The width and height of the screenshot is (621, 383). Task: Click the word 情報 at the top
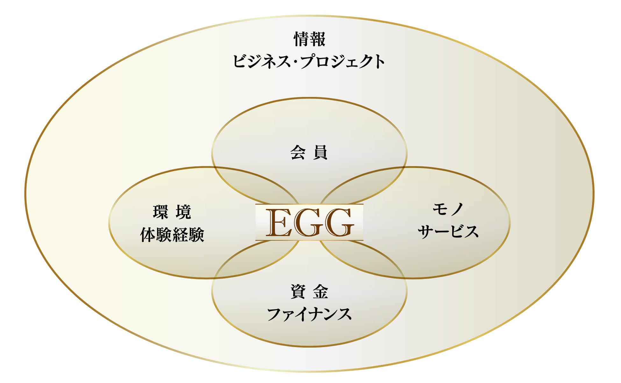[309, 39]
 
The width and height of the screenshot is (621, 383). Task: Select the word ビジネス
[261, 61]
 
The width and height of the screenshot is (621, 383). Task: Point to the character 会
[298, 152]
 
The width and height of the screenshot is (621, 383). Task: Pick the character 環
[161, 212]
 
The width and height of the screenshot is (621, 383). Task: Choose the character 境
[183, 212]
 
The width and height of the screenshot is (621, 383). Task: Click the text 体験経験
[172, 235]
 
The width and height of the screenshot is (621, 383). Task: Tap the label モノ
[448, 209]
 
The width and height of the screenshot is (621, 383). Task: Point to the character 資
[298, 292]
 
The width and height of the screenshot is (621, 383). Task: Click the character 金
[320, 292]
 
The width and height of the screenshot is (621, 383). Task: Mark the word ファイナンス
[309, 314]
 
